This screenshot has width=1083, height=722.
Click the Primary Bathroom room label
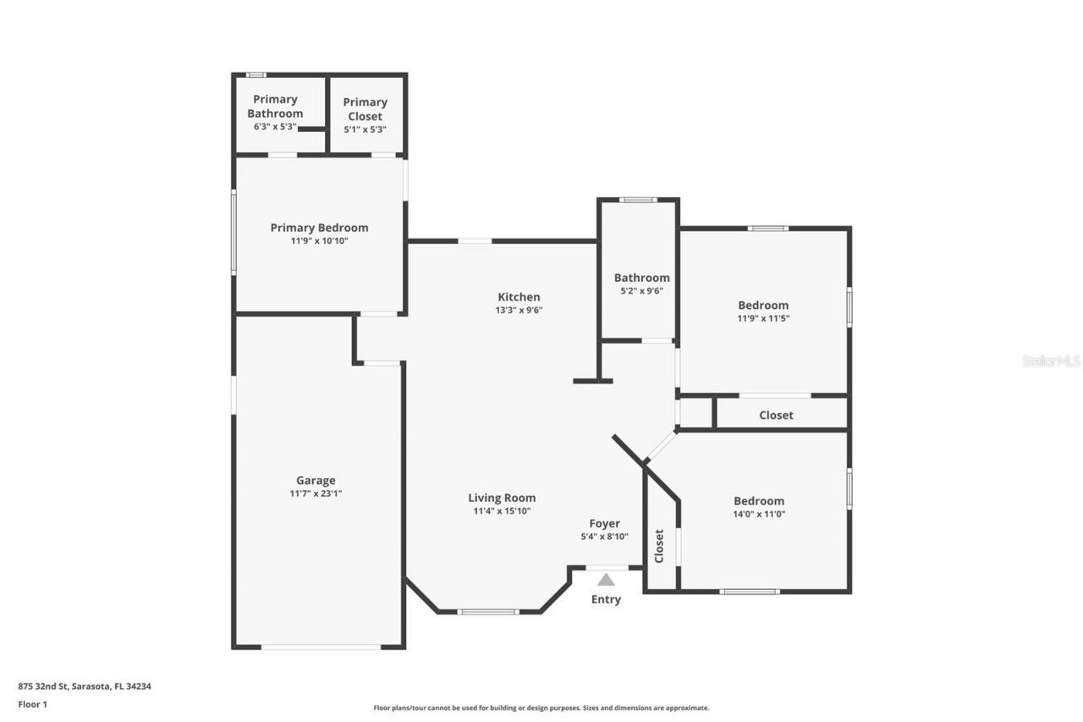click(275, 106)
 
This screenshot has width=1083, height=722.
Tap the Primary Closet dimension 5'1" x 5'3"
click(365, 130)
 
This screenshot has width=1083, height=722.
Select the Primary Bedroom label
click(319, 228)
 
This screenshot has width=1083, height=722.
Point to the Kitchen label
click(519, 297)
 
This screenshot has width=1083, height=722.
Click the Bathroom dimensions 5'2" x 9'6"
click(641, 290)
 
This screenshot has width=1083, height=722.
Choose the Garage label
click(316, 481)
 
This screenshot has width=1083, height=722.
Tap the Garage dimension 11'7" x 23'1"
click(316, 493)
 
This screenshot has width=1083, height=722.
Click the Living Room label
click(502, 498)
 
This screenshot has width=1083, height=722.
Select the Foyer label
click(605, 524)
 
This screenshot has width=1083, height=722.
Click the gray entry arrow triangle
click(606, 580)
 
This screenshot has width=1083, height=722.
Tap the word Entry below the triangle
click(606, 599)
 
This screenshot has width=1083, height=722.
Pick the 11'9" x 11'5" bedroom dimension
click(763, 318)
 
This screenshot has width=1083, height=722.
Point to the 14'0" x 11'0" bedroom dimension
click(759, 514)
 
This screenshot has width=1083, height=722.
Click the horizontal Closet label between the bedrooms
click(776, 415)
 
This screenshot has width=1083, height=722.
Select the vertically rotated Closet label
click(659, 546)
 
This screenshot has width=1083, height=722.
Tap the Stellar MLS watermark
click(1051, 361)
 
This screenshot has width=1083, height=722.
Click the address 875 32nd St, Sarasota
click(91, 686)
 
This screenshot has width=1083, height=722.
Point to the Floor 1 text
click(34, 703)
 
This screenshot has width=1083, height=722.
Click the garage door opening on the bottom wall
click(321, 648)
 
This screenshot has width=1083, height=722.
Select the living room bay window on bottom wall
click(488, 611)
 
